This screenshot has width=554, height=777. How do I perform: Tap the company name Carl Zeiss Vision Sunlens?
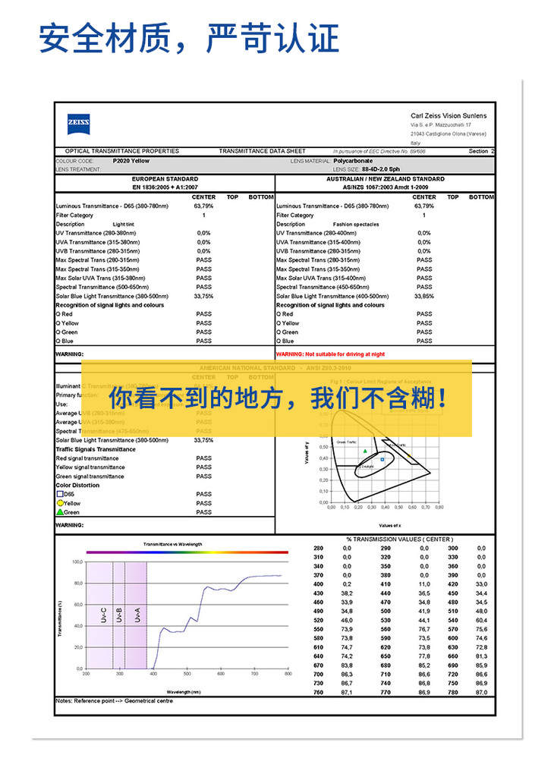coord(449,115)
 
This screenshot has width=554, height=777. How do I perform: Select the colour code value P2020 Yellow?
coord(131,161)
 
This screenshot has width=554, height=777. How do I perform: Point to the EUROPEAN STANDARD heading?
coord(165,179)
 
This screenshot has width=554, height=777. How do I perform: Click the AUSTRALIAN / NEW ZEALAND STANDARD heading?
coord(386,179)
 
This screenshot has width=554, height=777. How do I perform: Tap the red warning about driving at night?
coord(331,354)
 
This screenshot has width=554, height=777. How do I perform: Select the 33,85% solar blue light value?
coord(424,296)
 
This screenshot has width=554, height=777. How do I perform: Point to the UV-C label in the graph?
coord(103,615)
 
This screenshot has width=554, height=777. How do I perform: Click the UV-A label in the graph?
coord(137,615)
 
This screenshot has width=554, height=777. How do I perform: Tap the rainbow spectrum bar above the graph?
coord(187,552)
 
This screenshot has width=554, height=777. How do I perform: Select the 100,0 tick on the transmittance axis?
coord(77,562)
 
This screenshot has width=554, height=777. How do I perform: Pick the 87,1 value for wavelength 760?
coord(347,692)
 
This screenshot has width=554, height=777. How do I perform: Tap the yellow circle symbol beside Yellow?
coord(59,503)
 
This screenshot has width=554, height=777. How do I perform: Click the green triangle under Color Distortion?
coord(59,512)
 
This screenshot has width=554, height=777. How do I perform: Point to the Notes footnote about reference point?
coord(114,701)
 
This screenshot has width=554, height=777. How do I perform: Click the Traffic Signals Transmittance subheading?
coord(96,449)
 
